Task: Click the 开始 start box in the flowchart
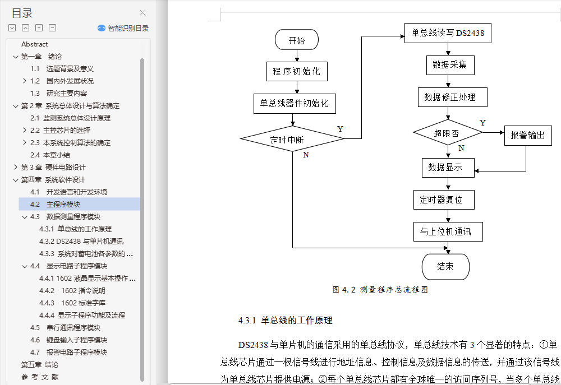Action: (x=297, y=40)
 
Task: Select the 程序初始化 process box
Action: (x=296, y=72)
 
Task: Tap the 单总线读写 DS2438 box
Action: (x=448, y=33)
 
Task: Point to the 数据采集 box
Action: (x=449, y=64)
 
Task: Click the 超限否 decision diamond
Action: (x=447, y=133)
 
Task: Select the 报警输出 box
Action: (x=527, y=136)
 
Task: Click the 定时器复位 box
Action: (x=441, y=199)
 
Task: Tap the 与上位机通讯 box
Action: (x=447, y=231)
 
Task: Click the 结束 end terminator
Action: (x=445, y=267)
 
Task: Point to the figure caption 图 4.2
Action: (x=380, y=290)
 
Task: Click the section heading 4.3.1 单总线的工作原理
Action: (x=286, y=321)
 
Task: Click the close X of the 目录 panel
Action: (x=142, y=13)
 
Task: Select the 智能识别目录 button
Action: (x=123, y=28)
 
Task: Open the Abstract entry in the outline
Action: (x=35, y=44)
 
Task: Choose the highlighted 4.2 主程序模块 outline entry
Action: (x=63, y=205)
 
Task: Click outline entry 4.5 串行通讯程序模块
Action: (x=73, y=328)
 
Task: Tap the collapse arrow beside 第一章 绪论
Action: (x=16, y=57)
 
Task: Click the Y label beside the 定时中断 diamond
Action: (x=341, y=129)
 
